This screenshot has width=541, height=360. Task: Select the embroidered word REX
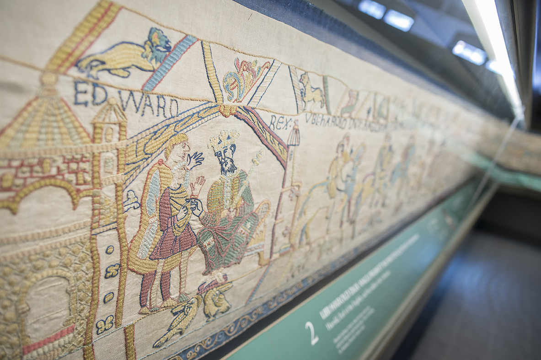(280, 122)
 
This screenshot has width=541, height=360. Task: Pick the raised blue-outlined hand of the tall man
(196, 159)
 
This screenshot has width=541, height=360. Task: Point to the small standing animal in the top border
(311, 91)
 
